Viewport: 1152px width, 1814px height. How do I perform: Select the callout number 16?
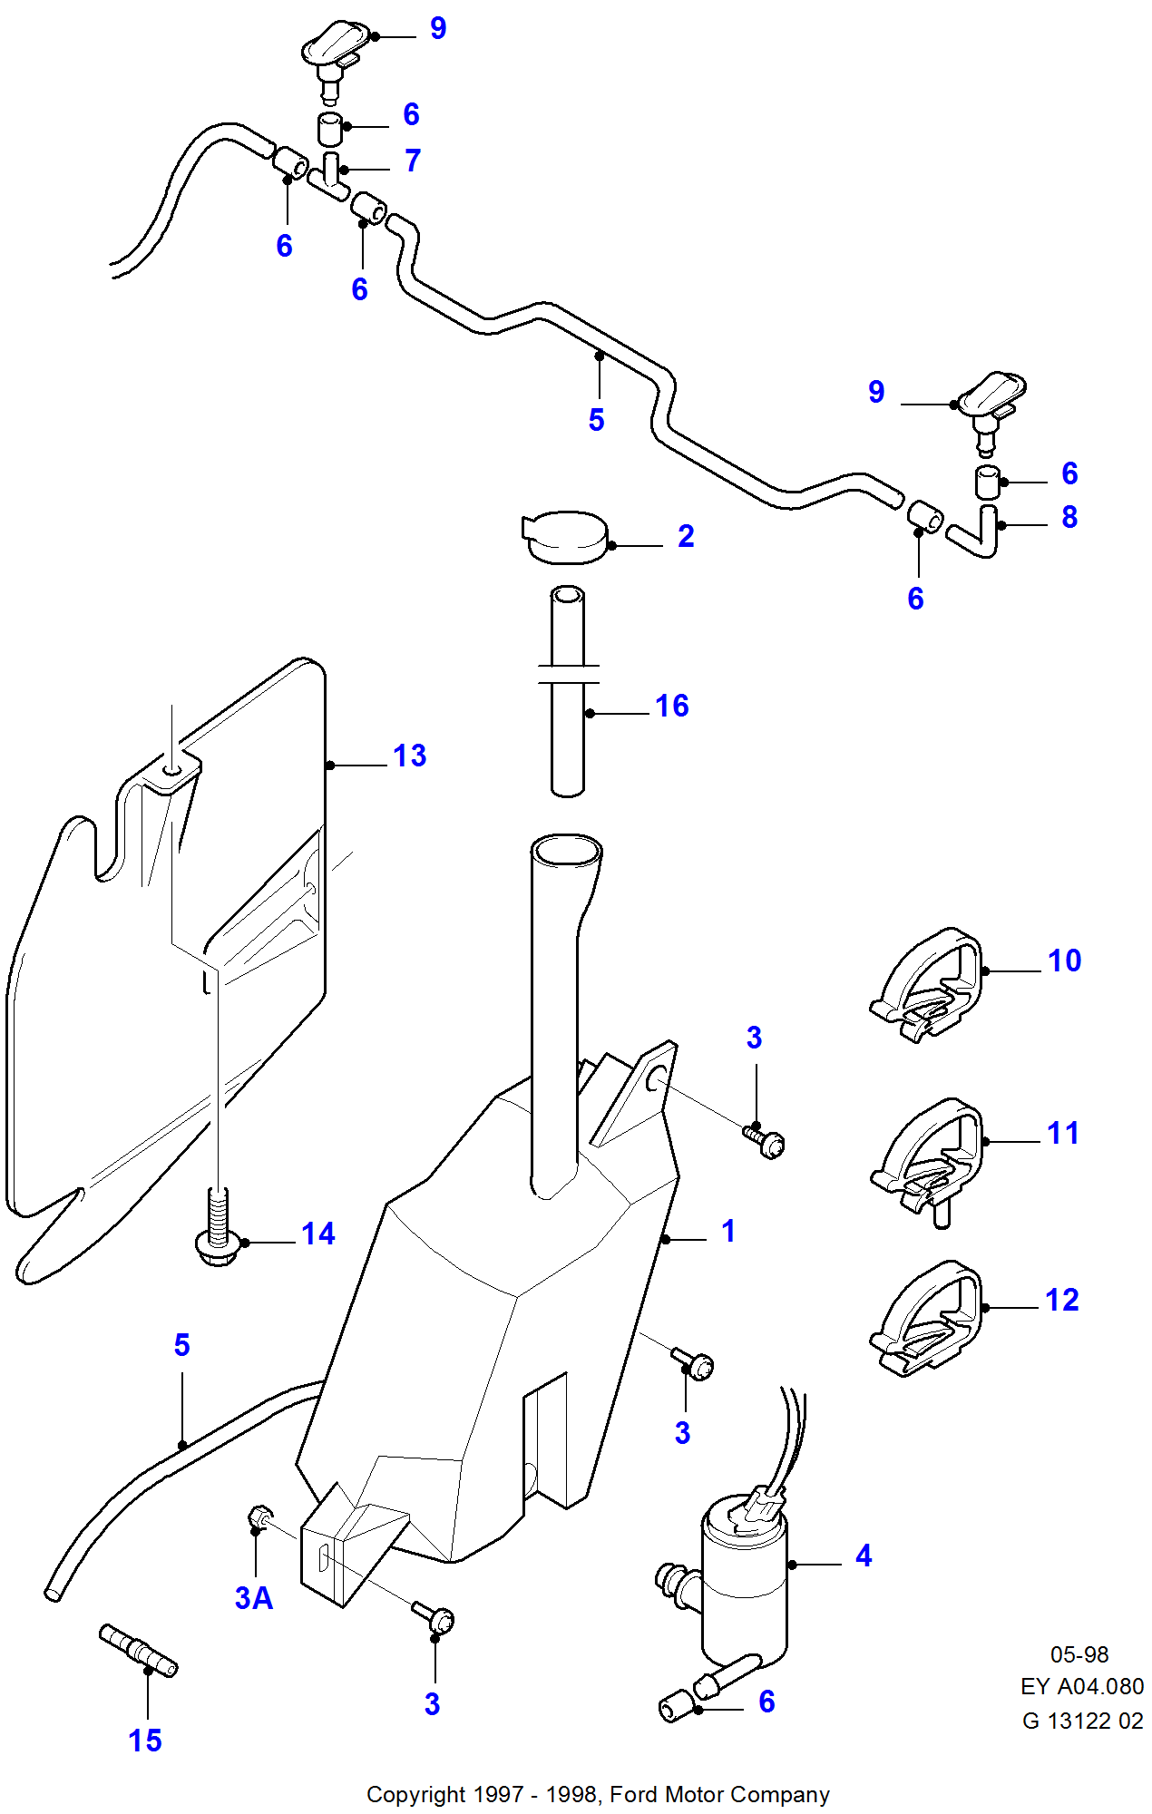[x=671, y=706]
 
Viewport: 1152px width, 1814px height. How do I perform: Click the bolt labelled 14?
[x=218, y=1234]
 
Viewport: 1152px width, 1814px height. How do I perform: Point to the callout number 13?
[x=409, y=756]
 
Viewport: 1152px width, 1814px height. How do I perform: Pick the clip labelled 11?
[x=930, y=1156]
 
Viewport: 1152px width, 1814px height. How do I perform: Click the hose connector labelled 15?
[x=138, y=1651]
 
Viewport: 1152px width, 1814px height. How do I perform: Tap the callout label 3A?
[x=254, y=1598]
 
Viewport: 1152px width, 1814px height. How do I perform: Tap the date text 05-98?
[x=1079, y=1654]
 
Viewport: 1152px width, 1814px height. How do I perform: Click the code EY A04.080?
[x=1081, y=1686]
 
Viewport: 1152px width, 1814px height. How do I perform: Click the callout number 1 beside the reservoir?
[x=727, y=1231]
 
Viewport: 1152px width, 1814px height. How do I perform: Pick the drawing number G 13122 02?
[x=1082, y=1721]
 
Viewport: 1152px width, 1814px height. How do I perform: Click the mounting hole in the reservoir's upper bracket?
[x=656, y=1079]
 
